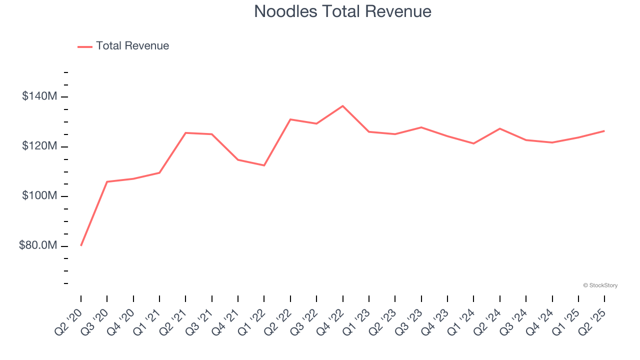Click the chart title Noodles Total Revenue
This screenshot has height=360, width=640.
[x=342, y=11]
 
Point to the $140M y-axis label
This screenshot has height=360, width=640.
[x=39, y=96]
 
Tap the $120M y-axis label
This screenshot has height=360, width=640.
[x=39, y=146]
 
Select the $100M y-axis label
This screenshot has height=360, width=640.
[x=39, y=196]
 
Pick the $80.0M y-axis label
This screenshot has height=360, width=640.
[x=38, y=245]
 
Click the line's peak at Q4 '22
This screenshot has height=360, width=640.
[x=342, y=106]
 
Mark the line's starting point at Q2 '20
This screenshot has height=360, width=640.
[x=81, y=245]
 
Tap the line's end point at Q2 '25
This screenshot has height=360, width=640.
[x=604, y=131]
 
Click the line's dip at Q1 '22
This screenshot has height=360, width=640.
[x=264, y=165]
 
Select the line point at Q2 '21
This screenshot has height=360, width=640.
[x=185, y=132]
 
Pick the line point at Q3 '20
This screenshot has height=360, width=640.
[x=107, y=181]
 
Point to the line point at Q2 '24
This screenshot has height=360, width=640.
[x=500, y=128]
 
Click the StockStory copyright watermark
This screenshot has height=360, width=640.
[x=600, y=285]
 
